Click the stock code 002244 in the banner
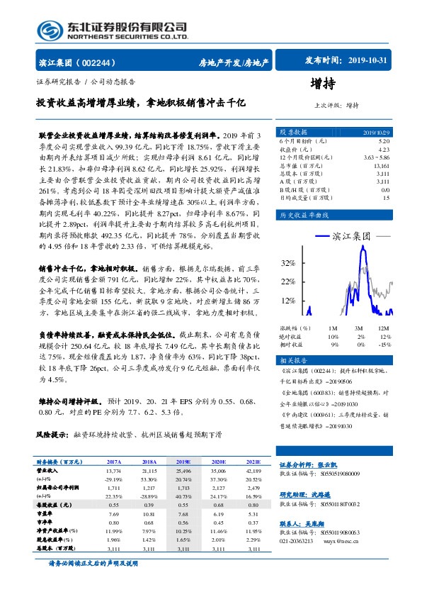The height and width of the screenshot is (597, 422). [x=105, y=62]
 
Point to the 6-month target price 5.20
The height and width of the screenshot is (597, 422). [x=383, y=142]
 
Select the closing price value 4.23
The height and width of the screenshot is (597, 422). [x=383, y=150]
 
